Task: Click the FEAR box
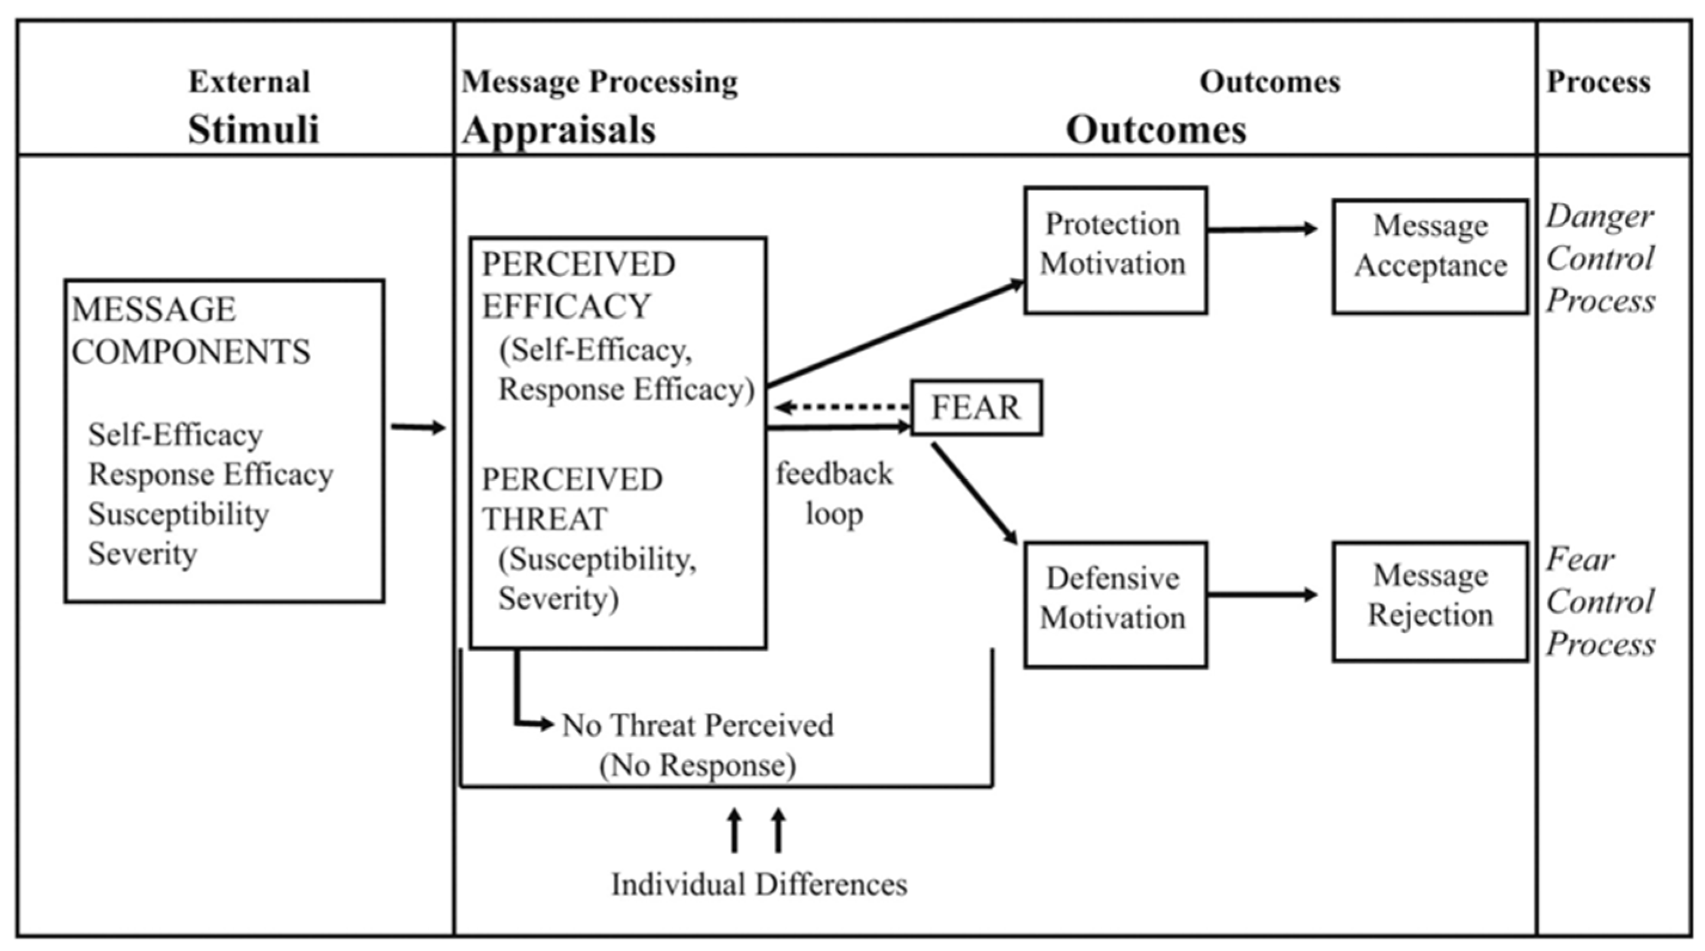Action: click(x=976, y=408)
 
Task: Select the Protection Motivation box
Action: click(x=1115, y=250)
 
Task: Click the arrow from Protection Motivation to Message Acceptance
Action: click(x=1261, y=229)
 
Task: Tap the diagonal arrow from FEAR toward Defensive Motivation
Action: click(x=974, y=494)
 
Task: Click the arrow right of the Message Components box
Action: click(x=417, y=427)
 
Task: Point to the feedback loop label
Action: click(x=834, y=494)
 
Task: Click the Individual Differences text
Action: click(x=758, y=884)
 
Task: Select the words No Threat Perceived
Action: click(x=697, y=725)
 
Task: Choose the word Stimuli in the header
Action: click(x=253, y=129)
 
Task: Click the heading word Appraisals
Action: click(x=560, y=129)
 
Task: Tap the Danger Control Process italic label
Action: click(x=1600, y=258)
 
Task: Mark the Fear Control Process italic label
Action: click(x=1600, y=602)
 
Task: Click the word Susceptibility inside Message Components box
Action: click(x=179, y=514)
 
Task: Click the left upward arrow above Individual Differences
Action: click(x=734, y=830)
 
